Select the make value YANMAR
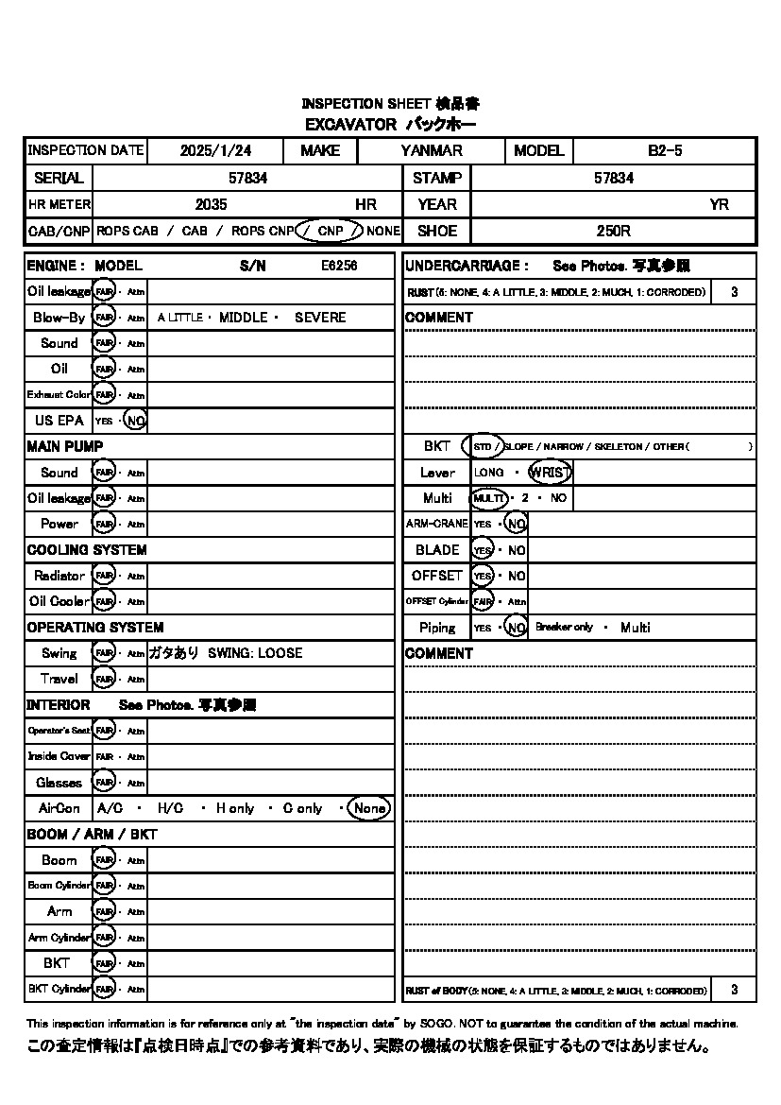click(x=432, y=150)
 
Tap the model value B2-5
click(x=665, y=150)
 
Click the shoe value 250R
click(x=613, y=231)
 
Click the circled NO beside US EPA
click(x=135, y=421)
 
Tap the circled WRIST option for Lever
click(x=550, y=473)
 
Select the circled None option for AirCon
click(x=369, y=808)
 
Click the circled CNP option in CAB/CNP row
click(x=329, y=231)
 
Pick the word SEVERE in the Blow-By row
click(x=320, y=318)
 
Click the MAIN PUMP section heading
click(x=65, y=446)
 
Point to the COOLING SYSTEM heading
click(x=87, y=550)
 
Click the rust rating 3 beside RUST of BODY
click(x=735, y=990)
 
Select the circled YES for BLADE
click(x=483, y=550)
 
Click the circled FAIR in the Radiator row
click(x=104, y=576)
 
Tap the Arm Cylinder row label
click(x=59, y=938)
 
